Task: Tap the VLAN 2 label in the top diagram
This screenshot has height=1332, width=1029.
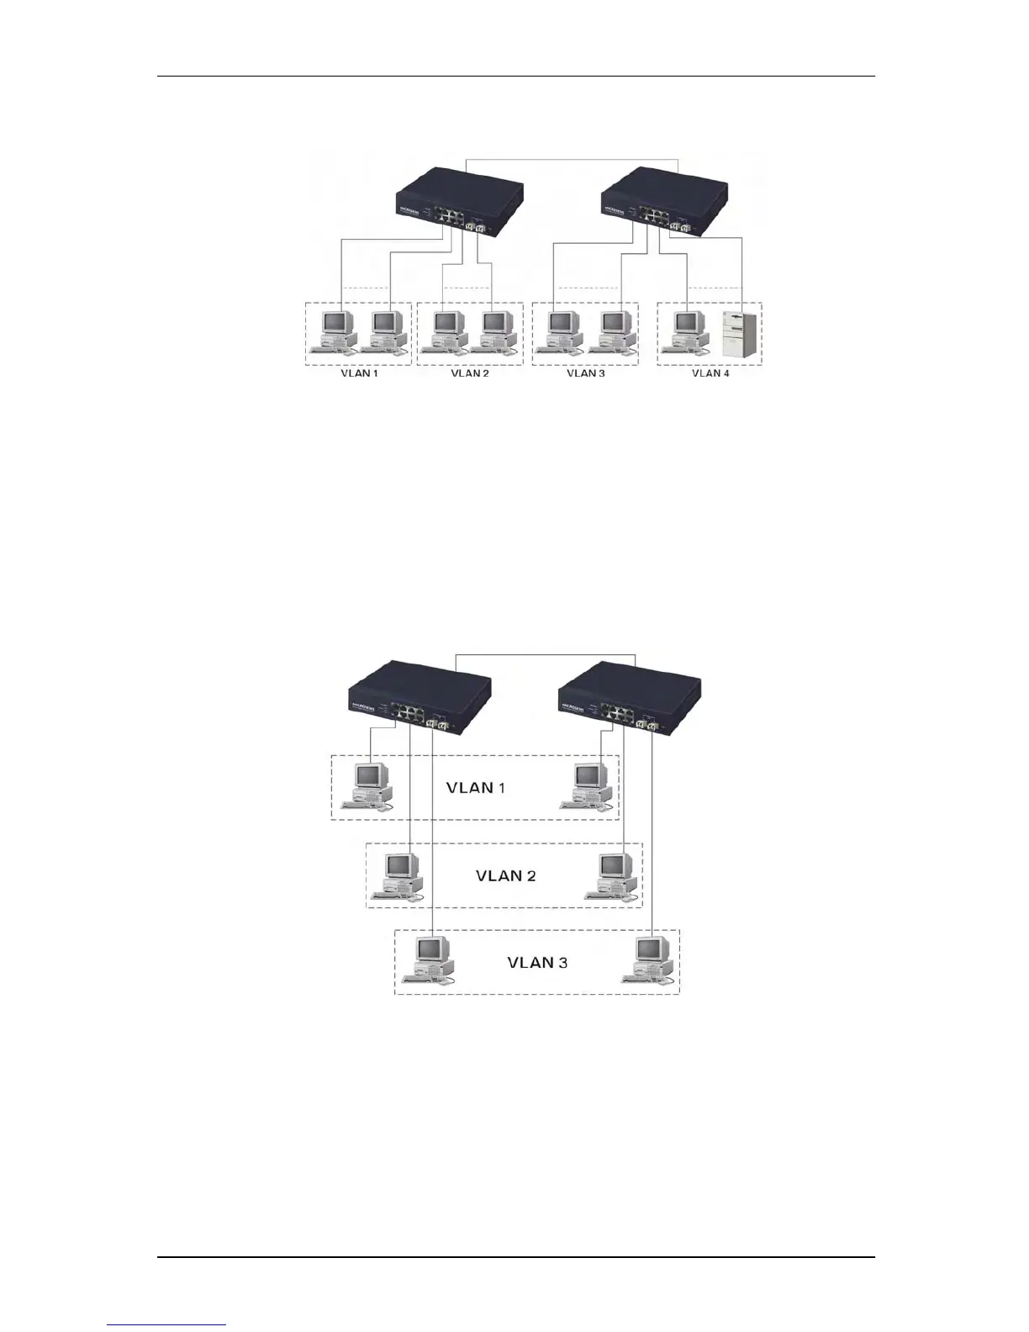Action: coord(470,373)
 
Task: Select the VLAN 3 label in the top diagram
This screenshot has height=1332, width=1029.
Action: coord(585,373)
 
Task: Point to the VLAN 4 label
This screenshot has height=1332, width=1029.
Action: coord(710,373)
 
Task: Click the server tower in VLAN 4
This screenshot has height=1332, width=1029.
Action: coord(740,335)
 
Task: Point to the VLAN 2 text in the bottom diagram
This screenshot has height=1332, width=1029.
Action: coord(505,875)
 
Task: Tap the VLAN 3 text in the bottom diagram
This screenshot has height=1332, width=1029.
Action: coord(537,962)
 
